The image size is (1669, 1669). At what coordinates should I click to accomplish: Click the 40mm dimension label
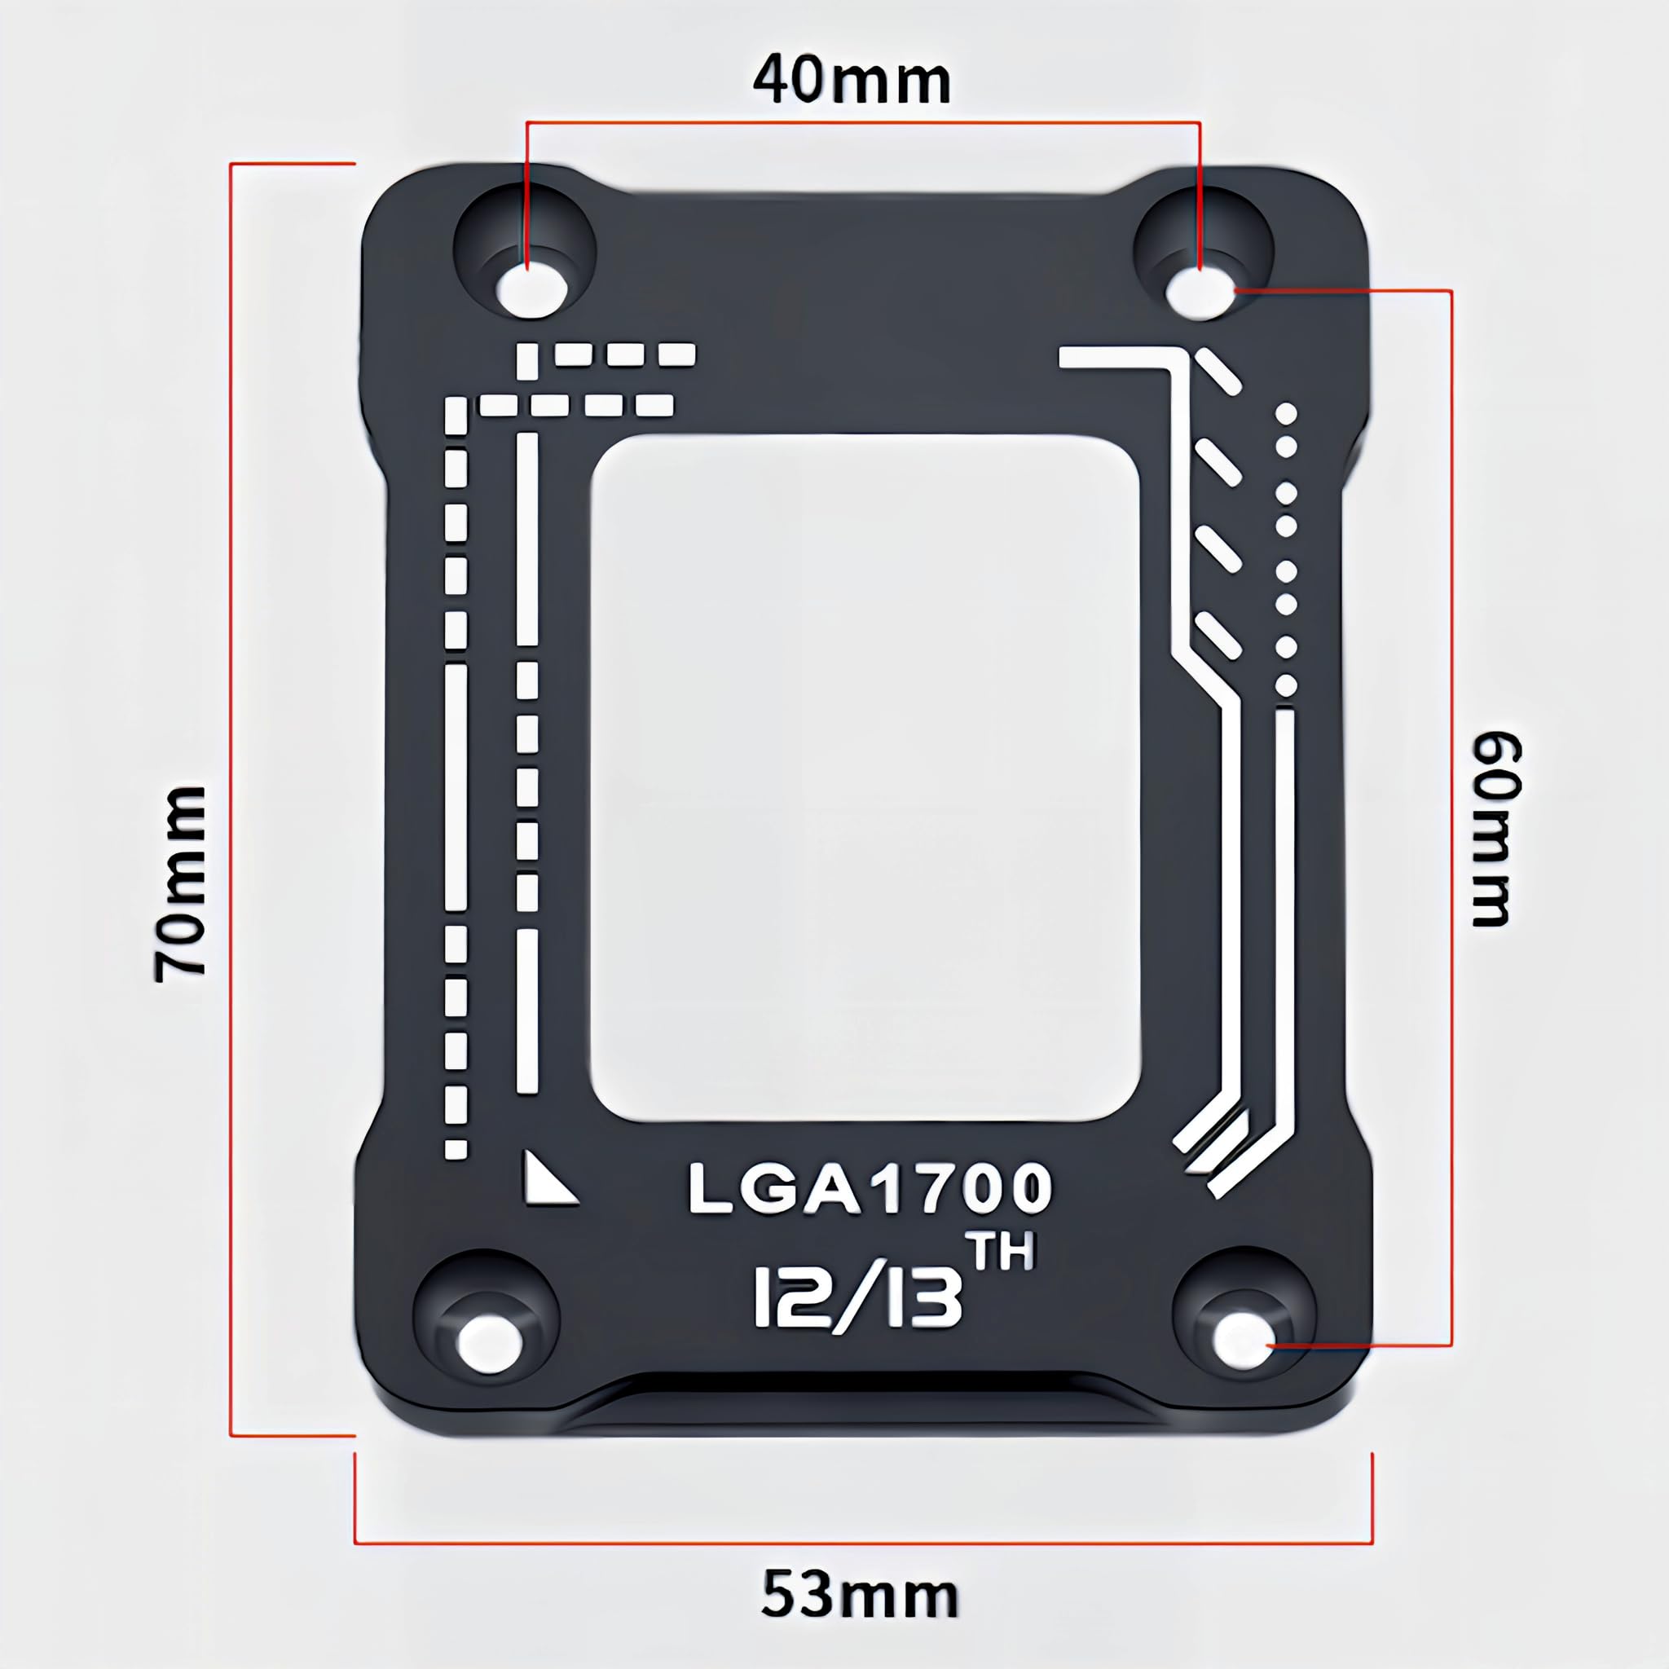point(852,82)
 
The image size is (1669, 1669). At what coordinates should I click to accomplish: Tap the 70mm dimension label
point(181,883)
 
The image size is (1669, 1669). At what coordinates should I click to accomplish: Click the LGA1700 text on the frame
point(870,1189)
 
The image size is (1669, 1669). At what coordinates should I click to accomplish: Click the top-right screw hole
point(1200,292)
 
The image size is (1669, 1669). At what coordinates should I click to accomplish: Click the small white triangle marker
point(545,1179)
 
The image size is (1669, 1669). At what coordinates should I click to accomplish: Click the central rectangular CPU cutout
point(864,777)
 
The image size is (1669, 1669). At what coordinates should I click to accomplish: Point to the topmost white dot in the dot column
point(1286,415)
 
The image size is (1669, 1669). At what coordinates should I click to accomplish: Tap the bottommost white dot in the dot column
point(1286,685)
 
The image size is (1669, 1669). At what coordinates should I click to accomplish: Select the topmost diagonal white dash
point(1219,372)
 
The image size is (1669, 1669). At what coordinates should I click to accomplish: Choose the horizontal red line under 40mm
point(864,123)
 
